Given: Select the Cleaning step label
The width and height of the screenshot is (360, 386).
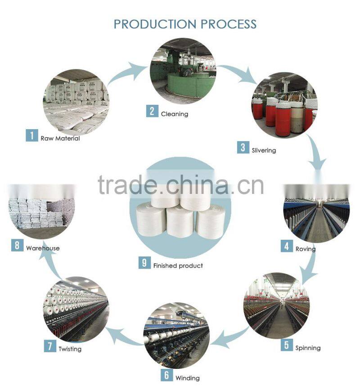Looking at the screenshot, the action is (175, 114).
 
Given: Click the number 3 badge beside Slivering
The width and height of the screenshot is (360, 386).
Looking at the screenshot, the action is (243, 148).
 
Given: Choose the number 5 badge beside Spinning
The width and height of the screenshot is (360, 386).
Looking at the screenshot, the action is (287, 346).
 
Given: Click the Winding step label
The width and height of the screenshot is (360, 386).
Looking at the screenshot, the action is (187, 378).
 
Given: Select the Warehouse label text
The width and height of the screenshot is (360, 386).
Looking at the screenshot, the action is (43, 248).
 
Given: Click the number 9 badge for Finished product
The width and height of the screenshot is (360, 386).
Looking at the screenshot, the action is (144, 263).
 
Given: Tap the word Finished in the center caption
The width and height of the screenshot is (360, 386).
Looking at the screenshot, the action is (164, 265).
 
